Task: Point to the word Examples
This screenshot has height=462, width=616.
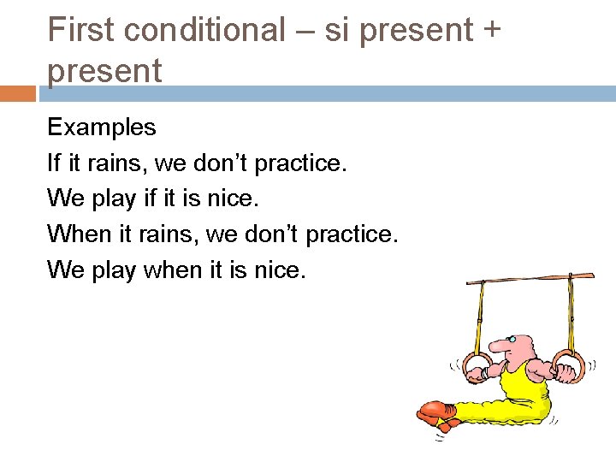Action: point(102,128)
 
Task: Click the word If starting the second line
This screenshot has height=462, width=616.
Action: point(55,163)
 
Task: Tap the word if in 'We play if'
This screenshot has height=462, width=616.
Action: point(152,198)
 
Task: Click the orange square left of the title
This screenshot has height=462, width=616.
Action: point(18,93)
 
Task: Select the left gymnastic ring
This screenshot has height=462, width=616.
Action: point(477,365)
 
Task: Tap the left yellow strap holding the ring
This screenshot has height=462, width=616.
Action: point(481,317)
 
